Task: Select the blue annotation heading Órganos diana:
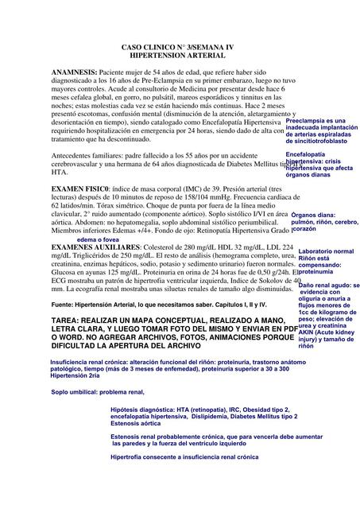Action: click(x=313, y=215)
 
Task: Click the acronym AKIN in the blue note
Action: click(x=308, y=333)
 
